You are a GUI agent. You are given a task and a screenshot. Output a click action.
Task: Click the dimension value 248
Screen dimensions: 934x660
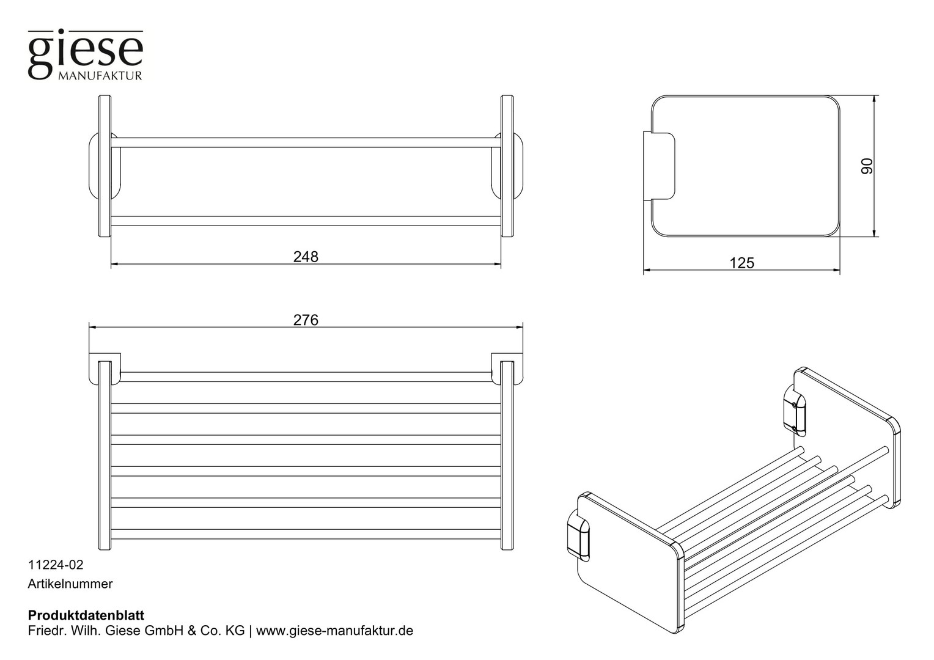pyautogui.click(x=306, y=257)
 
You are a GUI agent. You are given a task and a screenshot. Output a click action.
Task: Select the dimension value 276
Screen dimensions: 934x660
pyautogui.click(x=306, y=320)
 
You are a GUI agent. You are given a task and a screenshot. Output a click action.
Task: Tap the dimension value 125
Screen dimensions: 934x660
pyautogui.click(x=742, y=263)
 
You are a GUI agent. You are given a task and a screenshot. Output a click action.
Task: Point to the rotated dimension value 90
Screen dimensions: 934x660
pyautogui.click(x=867, y=166)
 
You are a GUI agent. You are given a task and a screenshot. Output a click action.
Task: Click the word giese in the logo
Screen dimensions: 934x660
pyautogui.click(x=86, y=53)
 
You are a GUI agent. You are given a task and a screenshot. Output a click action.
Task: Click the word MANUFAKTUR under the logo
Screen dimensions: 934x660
pyautogui.click(x=100, y=76)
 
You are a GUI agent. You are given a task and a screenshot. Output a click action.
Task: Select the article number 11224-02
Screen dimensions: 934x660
pyautogui.click(x=56, y=565)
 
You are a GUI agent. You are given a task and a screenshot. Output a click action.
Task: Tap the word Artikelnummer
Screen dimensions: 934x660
pyautogui.click(x=70, y=584)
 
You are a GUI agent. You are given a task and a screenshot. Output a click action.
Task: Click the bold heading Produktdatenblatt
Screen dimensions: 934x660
pyautogui.click(x=86, y=615)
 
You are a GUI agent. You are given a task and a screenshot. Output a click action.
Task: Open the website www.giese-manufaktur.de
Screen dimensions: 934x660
pyautogui.click(x=334, y=631)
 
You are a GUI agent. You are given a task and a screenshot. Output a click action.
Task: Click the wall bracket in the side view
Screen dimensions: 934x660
pyautogui.click(x=659, y=166)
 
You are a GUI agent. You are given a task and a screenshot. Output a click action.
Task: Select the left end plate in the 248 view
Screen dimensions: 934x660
pyautogui.click(x=105, y=166)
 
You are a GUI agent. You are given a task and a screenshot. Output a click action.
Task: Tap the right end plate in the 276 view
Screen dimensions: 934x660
pyautogui.click(x=507, y=455)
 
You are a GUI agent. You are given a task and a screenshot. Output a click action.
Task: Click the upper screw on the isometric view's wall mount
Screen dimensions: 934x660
pyautogui.click(x=794, y=405)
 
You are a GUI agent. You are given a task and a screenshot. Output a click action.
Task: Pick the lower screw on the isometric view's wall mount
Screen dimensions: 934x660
pyautogui.click(x=794, y=428)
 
